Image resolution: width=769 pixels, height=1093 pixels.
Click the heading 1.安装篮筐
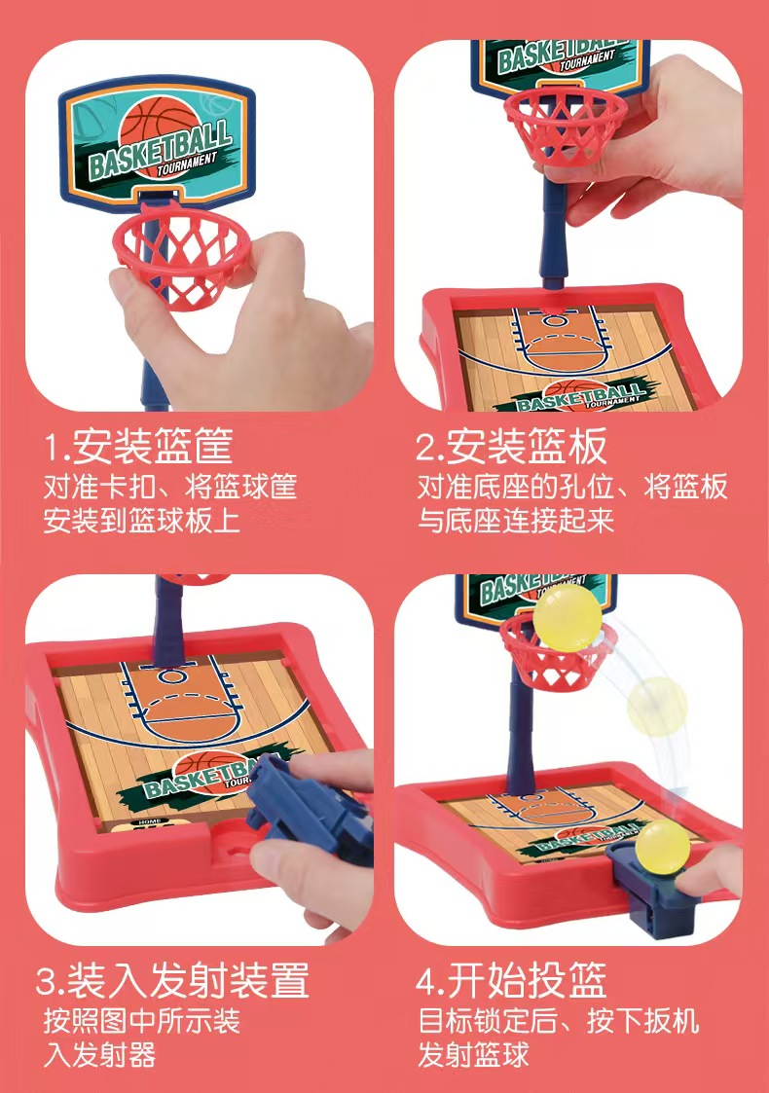138,446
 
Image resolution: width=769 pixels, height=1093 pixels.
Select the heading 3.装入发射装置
172,980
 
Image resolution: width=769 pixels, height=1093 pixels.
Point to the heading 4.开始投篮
511,980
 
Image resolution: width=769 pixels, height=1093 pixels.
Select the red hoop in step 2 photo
566,126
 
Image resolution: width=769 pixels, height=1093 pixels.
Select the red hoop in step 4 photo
558,652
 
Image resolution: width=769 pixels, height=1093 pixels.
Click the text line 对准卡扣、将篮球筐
169,486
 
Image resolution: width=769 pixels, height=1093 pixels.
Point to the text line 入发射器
99,1055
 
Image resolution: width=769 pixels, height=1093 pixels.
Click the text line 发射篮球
473,1055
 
